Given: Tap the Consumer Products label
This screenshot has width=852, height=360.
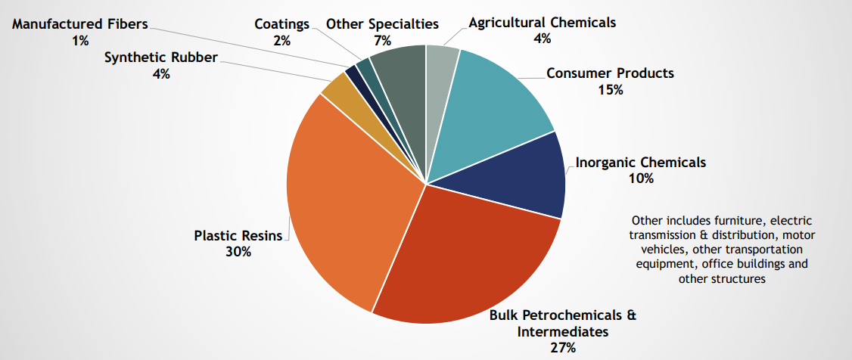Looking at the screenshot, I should click(x=610, y=73).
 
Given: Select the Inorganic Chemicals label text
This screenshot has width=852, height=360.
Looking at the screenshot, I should click(x=640, y=163).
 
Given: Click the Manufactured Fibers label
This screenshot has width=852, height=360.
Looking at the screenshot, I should click(x=80, y=23).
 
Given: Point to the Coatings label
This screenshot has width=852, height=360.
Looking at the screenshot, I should click(x=282, y=23).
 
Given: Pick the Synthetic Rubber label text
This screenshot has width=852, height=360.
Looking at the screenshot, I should click(x=160, y=57).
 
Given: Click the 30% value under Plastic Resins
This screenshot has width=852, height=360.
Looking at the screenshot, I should click(x=238, y=252).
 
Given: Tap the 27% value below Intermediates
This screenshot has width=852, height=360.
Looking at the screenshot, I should click(x=563, y=348).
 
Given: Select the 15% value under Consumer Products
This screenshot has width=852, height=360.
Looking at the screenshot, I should click(x=610, y=90).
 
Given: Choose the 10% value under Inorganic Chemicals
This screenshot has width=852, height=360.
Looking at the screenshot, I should click(x=640, y=179).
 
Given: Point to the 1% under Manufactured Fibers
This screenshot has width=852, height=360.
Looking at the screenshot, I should click(x=80, y=40).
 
